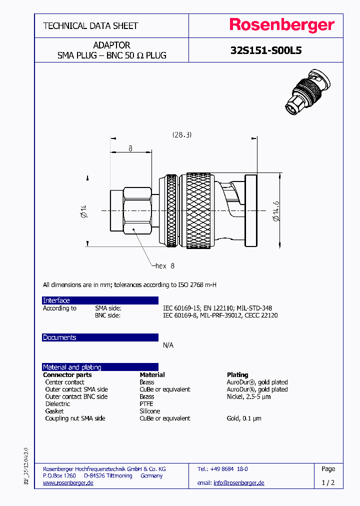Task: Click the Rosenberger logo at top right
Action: tap(281, 25)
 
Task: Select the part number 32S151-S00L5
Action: tap(265, 50)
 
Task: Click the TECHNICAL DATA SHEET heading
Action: tap(90, 25)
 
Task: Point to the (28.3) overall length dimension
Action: tap(182, 135)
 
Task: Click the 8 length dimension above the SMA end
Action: tap(130, 148)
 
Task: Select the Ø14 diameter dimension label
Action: tap(83, 211)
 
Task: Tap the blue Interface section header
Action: tap(56, 300)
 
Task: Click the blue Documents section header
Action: tap(59, 337)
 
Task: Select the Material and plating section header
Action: tap(72, 367)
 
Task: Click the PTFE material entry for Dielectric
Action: tap(146, 403)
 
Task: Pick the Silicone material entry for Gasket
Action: tap(150, 411)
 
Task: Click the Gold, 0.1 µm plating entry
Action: tap(244, 418)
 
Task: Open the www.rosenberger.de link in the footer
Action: tap(68, 482)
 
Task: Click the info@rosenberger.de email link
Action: tap(238, 482)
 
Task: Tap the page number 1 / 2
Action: tap(328, 482)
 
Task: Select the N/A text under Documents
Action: tap(168, 345)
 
